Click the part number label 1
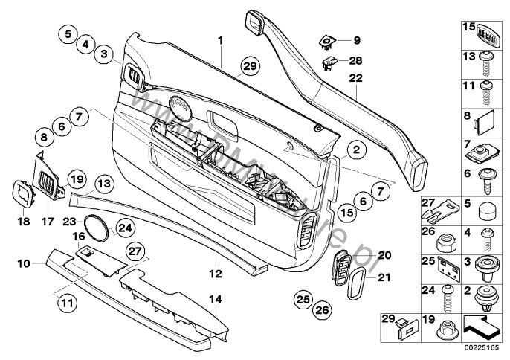click(x=220, y=38)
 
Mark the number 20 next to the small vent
click(x=384, y=255)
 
